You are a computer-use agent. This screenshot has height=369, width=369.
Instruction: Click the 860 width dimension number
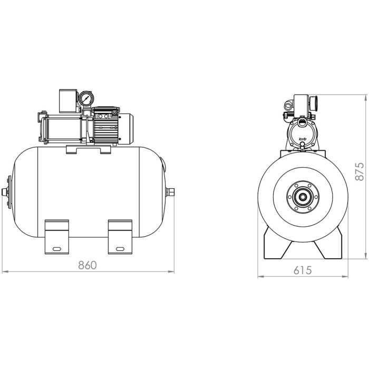pos(88,265)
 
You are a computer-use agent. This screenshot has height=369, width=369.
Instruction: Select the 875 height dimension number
pos(359,171)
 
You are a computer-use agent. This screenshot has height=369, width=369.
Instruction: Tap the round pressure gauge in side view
pos(85,99)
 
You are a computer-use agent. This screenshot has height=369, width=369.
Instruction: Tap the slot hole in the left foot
pos(56,248)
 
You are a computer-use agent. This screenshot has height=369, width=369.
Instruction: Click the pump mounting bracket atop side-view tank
pos(89,150)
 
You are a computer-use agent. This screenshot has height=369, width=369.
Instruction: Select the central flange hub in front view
pos(304,199)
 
